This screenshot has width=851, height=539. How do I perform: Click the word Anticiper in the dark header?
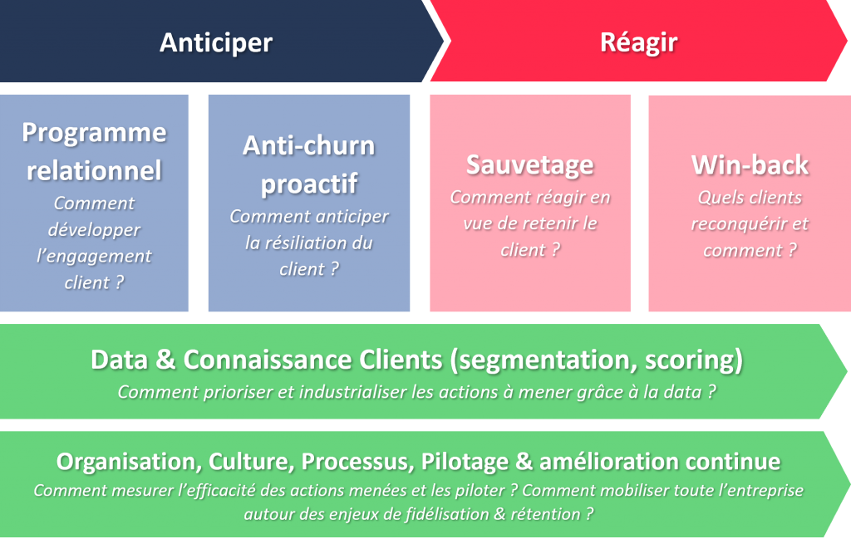tap(216, 42)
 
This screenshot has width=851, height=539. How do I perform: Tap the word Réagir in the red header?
tap(638, 42)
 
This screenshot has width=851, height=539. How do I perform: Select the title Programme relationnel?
tap(94, 151)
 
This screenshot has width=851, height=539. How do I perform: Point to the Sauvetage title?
tap(530, 164)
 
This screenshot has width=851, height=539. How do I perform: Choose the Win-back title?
tap(750, 164)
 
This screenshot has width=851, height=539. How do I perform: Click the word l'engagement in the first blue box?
tap(94, 256)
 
